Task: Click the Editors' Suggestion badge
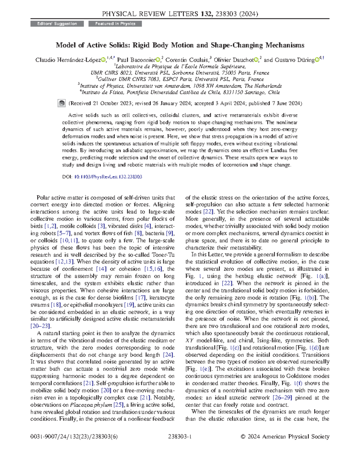[x=57, y=24]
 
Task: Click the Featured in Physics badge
[x=115, y=24]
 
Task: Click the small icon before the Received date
[x=61, y=104]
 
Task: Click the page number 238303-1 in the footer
[x=180, y=437]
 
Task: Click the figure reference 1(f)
[x=298, y=383]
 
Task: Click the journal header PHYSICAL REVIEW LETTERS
[x=150, y=14]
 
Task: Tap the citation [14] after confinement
[x=101, y=269]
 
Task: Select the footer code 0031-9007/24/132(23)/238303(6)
[x=74, y=437]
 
